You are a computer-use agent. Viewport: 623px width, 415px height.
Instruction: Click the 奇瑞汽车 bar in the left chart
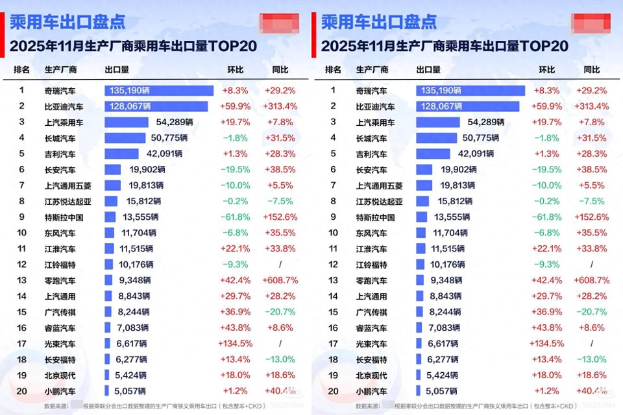[x=158, y=91]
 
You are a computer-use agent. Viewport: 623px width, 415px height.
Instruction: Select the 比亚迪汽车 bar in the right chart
[x=467, y=106]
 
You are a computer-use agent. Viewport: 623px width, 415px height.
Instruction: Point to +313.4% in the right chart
[x=591, y=106]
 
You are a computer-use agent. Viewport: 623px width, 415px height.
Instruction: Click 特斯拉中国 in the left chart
[x=64, y=217]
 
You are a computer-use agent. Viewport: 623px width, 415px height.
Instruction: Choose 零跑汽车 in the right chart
[x=371, y=281]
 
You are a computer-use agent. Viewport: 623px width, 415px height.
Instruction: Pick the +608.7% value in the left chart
[x=280, y=281]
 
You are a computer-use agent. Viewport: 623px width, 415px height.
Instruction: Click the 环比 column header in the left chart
[x=236, y=70]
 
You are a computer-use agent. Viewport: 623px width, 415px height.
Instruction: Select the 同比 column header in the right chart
[x=592, y=70]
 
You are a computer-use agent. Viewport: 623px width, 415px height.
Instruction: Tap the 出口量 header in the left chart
[x=117, y=70]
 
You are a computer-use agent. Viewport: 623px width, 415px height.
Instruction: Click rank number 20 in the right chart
[x=333, y=391]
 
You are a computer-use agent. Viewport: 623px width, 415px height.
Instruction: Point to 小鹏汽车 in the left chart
[x=60, y=391]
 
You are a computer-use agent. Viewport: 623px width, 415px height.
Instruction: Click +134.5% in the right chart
[x=546, y=344]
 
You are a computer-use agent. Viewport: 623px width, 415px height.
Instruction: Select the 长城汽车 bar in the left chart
[x=125, y=138]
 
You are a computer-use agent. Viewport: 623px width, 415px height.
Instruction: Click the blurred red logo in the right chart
[x=591, y=23]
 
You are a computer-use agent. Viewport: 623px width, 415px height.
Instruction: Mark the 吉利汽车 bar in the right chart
[x=434, y=154]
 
